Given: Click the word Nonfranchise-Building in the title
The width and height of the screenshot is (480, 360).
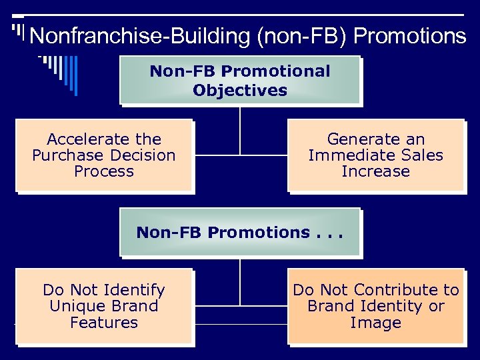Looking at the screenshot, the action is [x=140, y=36].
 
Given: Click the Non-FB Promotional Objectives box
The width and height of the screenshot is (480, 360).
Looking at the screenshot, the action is [x=240, y=80].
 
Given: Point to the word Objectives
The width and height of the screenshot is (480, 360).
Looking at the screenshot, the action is [x=240, y=90].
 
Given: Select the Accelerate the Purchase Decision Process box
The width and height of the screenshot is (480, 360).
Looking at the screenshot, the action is [x=104, y=155].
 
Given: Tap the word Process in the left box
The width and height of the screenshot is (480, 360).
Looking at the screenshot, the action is [x=104, y=171].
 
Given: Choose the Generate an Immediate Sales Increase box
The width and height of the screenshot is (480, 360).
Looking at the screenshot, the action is [x=375, y=155].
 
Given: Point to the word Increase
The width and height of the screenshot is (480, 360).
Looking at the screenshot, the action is [x=375, y=171].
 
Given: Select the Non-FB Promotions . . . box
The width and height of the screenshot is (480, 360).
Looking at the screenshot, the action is [x=240, y=233].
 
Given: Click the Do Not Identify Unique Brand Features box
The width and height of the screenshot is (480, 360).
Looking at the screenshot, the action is [x=104, y=306].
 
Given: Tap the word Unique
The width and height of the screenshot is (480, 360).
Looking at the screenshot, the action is [x=75, y=306].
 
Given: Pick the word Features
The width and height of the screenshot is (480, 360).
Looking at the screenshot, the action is [x=104, y=323].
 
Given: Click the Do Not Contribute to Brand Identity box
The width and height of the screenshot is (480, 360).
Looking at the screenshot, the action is [x=376, y=306].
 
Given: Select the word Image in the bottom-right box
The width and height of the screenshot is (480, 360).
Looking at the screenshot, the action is [x=376, y=323].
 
